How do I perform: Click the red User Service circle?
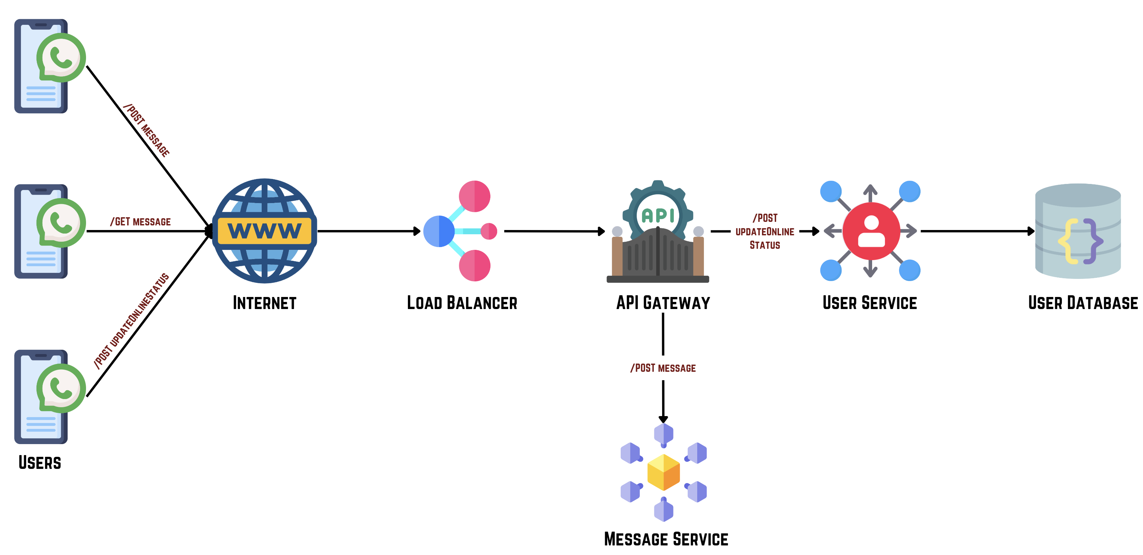(x=871, y=231)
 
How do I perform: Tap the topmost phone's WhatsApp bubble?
(x=61, y=58)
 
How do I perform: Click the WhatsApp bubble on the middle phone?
(x=61, y=223)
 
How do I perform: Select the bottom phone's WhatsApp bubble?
(x=61, y=388)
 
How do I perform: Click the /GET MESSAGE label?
(x=141, y=222)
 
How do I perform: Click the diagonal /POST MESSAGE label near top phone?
(x=147, y=130)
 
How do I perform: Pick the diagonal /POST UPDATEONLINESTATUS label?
(x=131, y=321)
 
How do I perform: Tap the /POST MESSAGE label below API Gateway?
(x=663, y=368)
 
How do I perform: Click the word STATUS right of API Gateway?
(x=764, y=245)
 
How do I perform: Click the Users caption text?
(x=40, y=462)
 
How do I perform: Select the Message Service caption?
(x=666, y=539)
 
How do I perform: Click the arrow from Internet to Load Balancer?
(x=368, y=231)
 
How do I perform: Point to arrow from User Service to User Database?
(x=976, y=231)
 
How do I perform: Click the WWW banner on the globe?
(x=265, y=231)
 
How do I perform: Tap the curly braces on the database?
(x=1080, y=241)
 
